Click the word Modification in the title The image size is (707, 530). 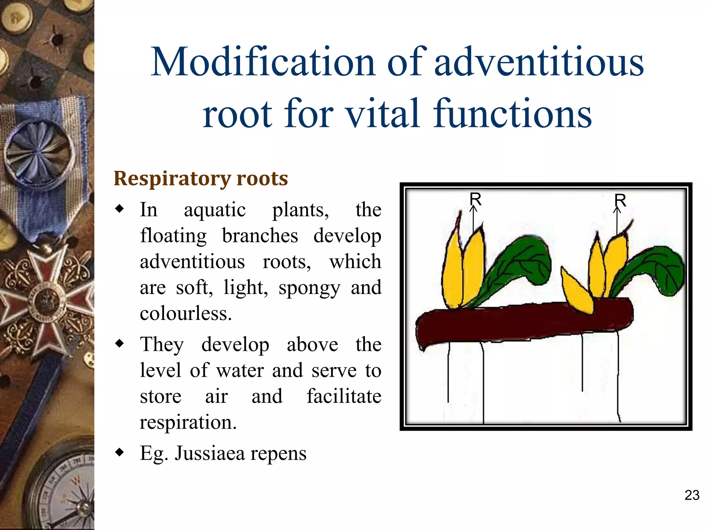point(263,62)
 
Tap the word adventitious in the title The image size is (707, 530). point(539,62)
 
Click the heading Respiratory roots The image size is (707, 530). point(201,179)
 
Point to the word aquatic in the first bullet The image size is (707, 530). point(214,210)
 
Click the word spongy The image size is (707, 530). point(309,288)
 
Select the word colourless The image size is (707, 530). point(185,313)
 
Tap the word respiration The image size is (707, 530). point(188,422)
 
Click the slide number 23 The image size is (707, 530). point(692,495)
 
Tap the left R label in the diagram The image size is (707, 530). point(475,199)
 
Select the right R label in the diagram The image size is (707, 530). point(620,200)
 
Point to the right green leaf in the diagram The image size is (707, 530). point(656,269)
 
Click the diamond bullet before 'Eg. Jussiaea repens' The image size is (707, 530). point(119,452)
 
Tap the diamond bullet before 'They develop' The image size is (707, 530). point(119,344)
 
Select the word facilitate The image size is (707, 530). point(344,396)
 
